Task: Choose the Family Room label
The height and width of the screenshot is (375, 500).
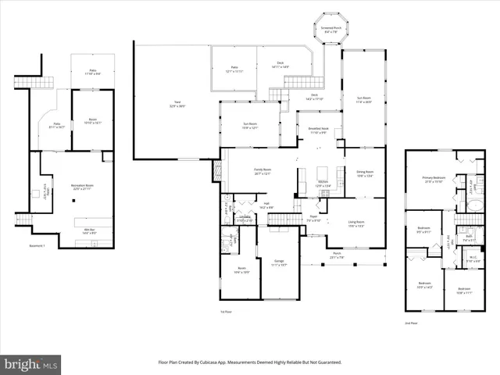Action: click(x=262, y=172)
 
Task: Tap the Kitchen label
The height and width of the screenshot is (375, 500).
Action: click(x=323, y=184)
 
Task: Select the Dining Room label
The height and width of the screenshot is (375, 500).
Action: click(x=365, y=173)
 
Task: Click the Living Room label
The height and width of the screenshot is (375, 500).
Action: click(x=355, y=223)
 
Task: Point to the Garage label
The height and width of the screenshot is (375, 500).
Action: click(x=279, y=262)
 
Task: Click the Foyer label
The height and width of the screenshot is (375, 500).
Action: click(x=312, y=220)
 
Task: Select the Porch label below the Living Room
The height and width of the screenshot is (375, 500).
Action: click(x=336, y=255)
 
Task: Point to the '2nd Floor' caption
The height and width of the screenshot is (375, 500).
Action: click(x=412, y=322)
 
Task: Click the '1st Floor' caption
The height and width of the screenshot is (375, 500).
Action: click(x=227, y=312)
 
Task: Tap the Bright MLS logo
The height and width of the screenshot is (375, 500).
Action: click(x=31, y=364)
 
